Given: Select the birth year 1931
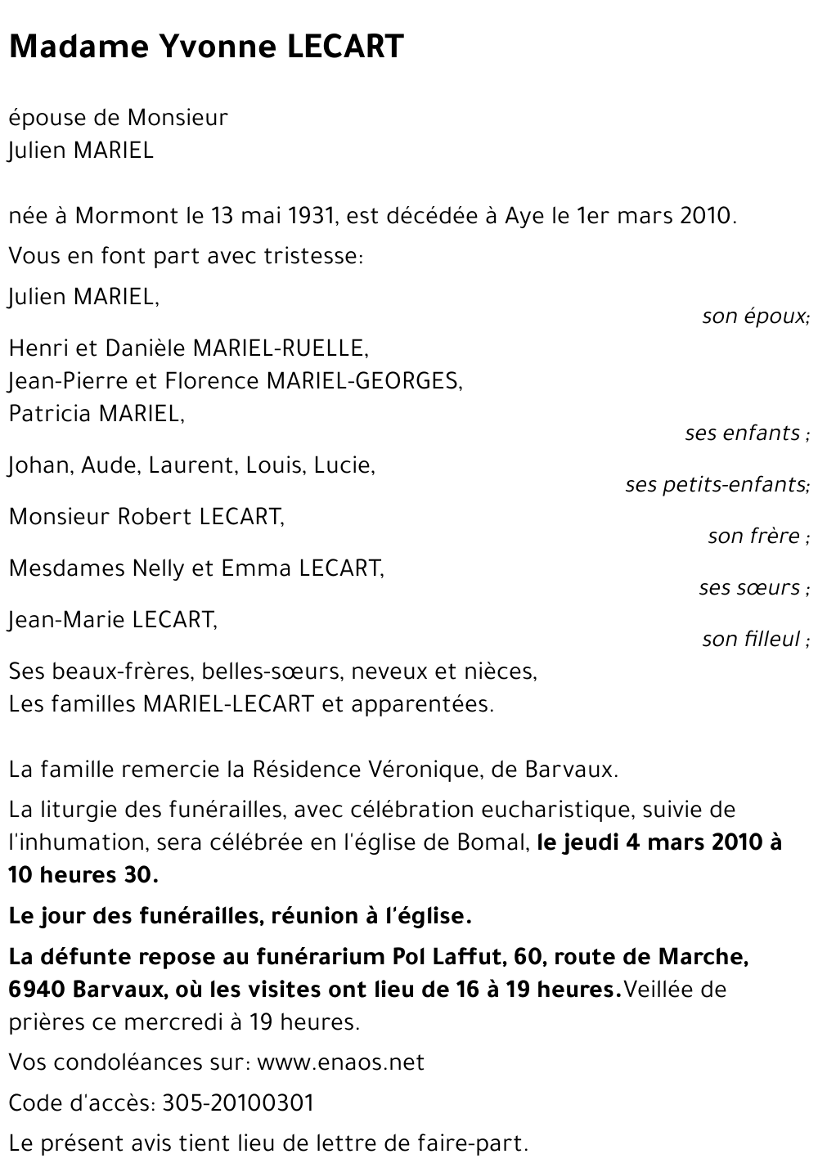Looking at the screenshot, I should [311, 217].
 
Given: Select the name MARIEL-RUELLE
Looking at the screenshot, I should [280, 348].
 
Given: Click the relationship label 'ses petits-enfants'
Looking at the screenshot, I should [717, 485].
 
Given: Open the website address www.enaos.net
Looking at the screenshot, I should [340, 1062].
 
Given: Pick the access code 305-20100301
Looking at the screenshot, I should [238, 1103].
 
